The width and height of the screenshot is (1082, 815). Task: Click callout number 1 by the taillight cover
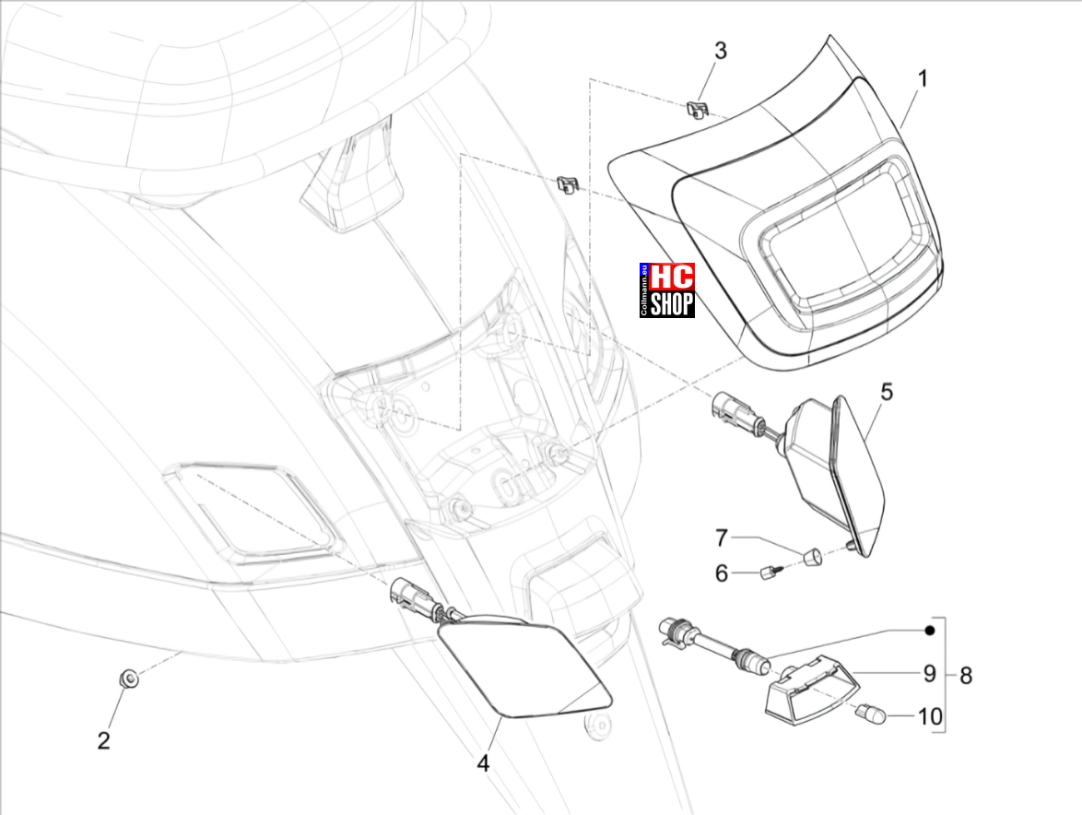(922, 78)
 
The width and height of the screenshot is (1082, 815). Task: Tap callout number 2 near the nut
(103, 740)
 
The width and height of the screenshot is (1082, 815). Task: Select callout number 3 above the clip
(720, 51)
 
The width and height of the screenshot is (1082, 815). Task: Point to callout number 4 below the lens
(483, 763)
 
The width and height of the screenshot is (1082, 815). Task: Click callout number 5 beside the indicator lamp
(887, 392)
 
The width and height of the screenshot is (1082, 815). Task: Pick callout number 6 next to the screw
(721, 573)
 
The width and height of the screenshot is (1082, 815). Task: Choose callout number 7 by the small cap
(721, 537)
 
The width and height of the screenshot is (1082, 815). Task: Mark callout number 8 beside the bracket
(965, 676)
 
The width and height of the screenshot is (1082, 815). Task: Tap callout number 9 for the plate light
(930, 673)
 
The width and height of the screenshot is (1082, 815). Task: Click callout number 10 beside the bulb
(930, 716)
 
